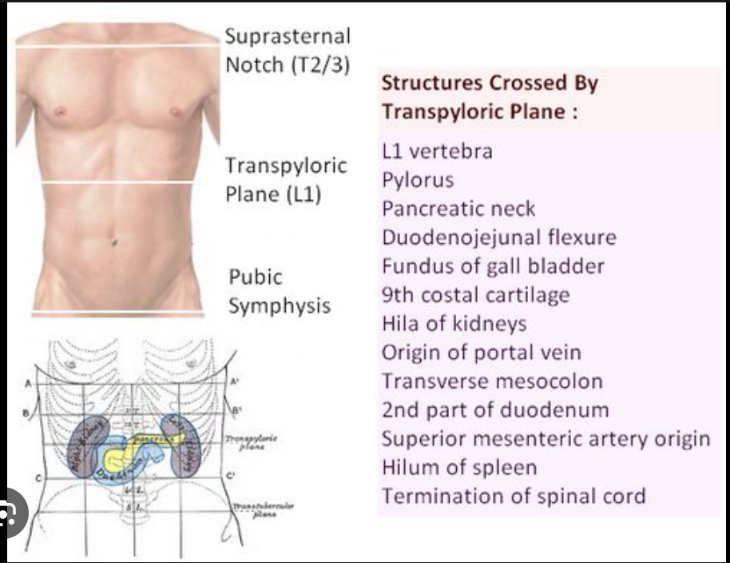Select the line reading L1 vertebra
click(x=437, y=151)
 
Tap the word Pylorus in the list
click(x=418, y=180)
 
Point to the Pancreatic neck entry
click(x=458, y=209)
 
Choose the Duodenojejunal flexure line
click(x=499, y=238)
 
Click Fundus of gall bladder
click(x=493, y=266)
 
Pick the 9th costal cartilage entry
click(x=475, y=294)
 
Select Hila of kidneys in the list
click(x=454, y=323)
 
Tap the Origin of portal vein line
click(x=481, y=352)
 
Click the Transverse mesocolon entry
click(x=492, y=381)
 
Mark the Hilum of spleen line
click(x=459, y=467)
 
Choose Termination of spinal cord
click(x=514, y=496)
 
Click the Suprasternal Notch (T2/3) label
click(x=288, y=50)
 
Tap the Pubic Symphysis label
click(x=280, y=291)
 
